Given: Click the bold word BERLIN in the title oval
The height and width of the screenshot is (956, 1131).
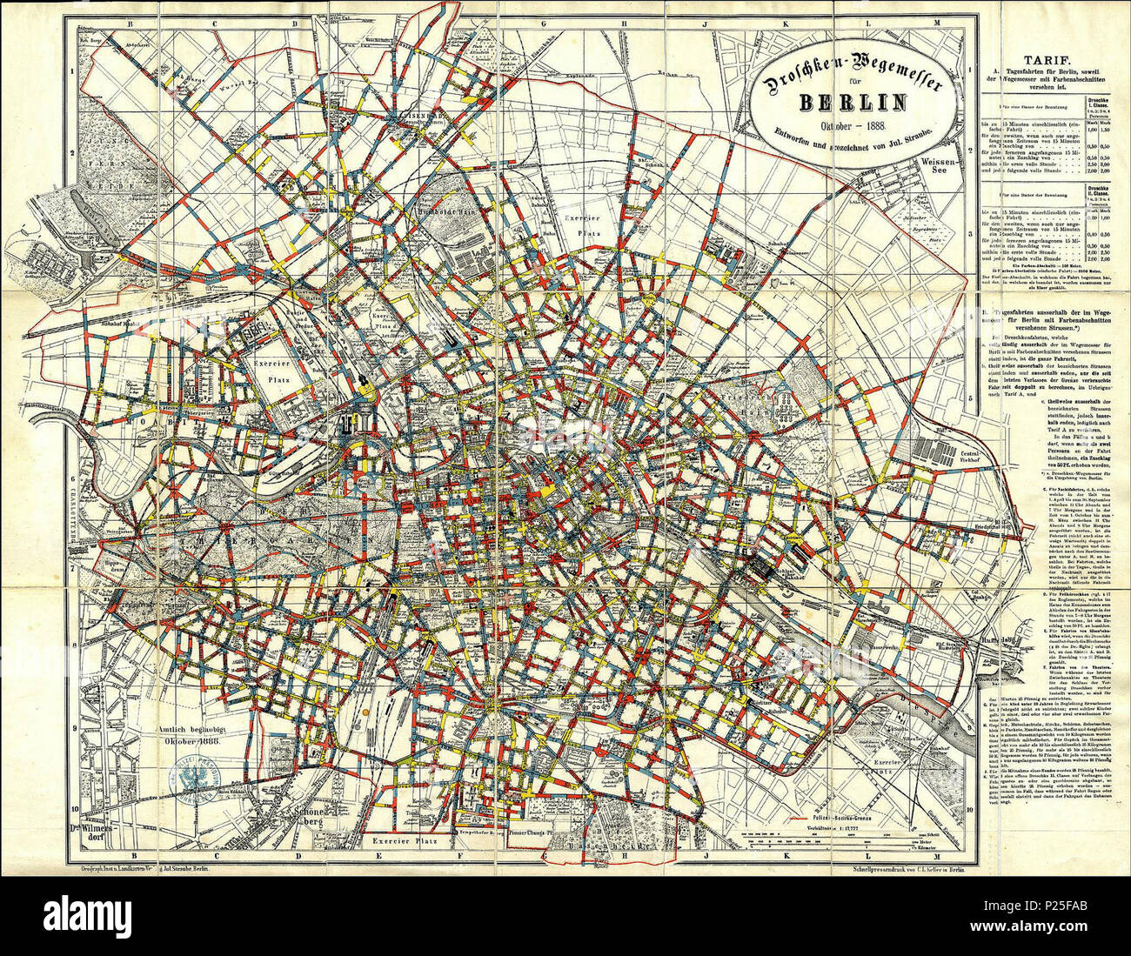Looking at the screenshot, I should [852, 103].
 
